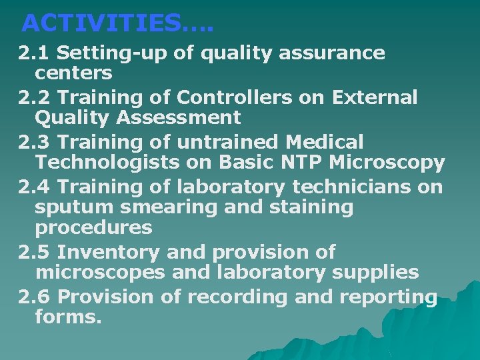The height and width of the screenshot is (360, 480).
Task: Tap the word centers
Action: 73,71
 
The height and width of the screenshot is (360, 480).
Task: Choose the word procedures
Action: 93,228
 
